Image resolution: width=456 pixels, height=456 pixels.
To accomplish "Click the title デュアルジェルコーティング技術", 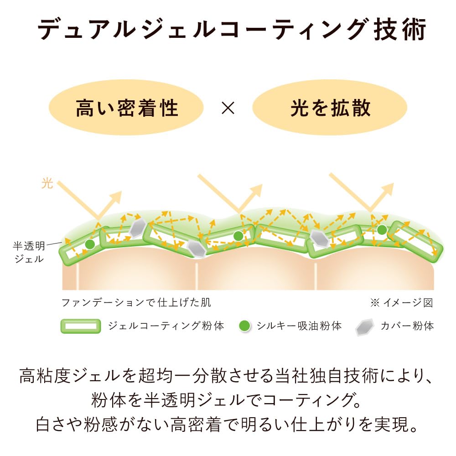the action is coord(232,29).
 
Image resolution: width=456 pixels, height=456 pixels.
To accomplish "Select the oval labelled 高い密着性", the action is coord(126,107).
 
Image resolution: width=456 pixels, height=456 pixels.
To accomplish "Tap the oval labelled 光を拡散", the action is coord(330,107).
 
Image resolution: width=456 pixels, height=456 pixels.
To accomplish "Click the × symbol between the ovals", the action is coord(228,108).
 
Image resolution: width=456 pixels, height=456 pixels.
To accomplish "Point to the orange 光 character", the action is coord(47,183).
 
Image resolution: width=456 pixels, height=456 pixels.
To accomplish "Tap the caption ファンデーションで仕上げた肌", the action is coord(136,303).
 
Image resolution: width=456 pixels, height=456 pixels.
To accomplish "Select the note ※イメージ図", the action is coord(402,303).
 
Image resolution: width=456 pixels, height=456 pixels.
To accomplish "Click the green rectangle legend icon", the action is coord(81,326).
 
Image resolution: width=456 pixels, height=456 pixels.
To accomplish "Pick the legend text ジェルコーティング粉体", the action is coord(166,326).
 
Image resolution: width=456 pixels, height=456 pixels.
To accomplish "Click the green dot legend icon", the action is coord(244,326).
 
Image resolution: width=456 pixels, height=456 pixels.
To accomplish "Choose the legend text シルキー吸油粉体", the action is coord(299,326).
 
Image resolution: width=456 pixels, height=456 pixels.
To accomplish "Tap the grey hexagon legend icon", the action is coord(364,327).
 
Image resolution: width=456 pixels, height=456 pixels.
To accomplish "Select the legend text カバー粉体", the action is coord(407,326).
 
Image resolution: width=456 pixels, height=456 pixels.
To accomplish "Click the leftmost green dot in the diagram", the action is coord(90,244).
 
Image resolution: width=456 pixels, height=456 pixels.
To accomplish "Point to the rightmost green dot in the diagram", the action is coord(382,230).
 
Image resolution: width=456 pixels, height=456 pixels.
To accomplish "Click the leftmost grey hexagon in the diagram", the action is coord(138,228).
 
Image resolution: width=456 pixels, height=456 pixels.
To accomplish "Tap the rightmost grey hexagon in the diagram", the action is coord(320,238).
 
